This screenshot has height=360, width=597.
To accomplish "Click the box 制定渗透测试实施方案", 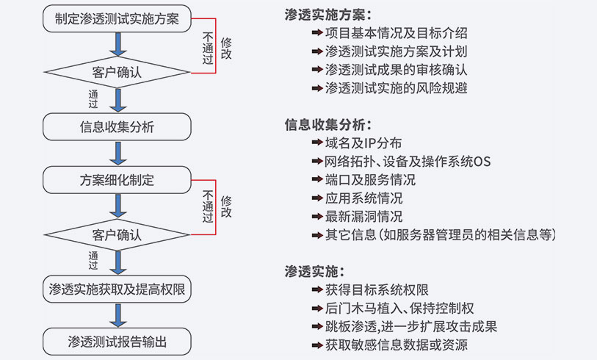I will point(117,18).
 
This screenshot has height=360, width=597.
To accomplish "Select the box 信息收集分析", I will point(117,126).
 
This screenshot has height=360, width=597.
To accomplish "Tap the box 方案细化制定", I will point(117,180).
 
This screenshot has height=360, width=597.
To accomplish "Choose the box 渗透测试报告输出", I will point(117,342).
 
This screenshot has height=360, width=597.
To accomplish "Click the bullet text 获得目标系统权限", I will point(377,289).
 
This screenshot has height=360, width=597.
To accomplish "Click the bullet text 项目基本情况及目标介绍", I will point(396,33).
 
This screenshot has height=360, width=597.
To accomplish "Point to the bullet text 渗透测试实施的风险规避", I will point(396,88).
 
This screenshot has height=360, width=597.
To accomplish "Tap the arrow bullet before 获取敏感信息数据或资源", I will point(316,344).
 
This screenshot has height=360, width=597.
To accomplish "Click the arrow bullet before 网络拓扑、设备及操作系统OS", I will point(316,162).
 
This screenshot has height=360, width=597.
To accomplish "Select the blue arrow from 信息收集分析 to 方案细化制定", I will point(117,154).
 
